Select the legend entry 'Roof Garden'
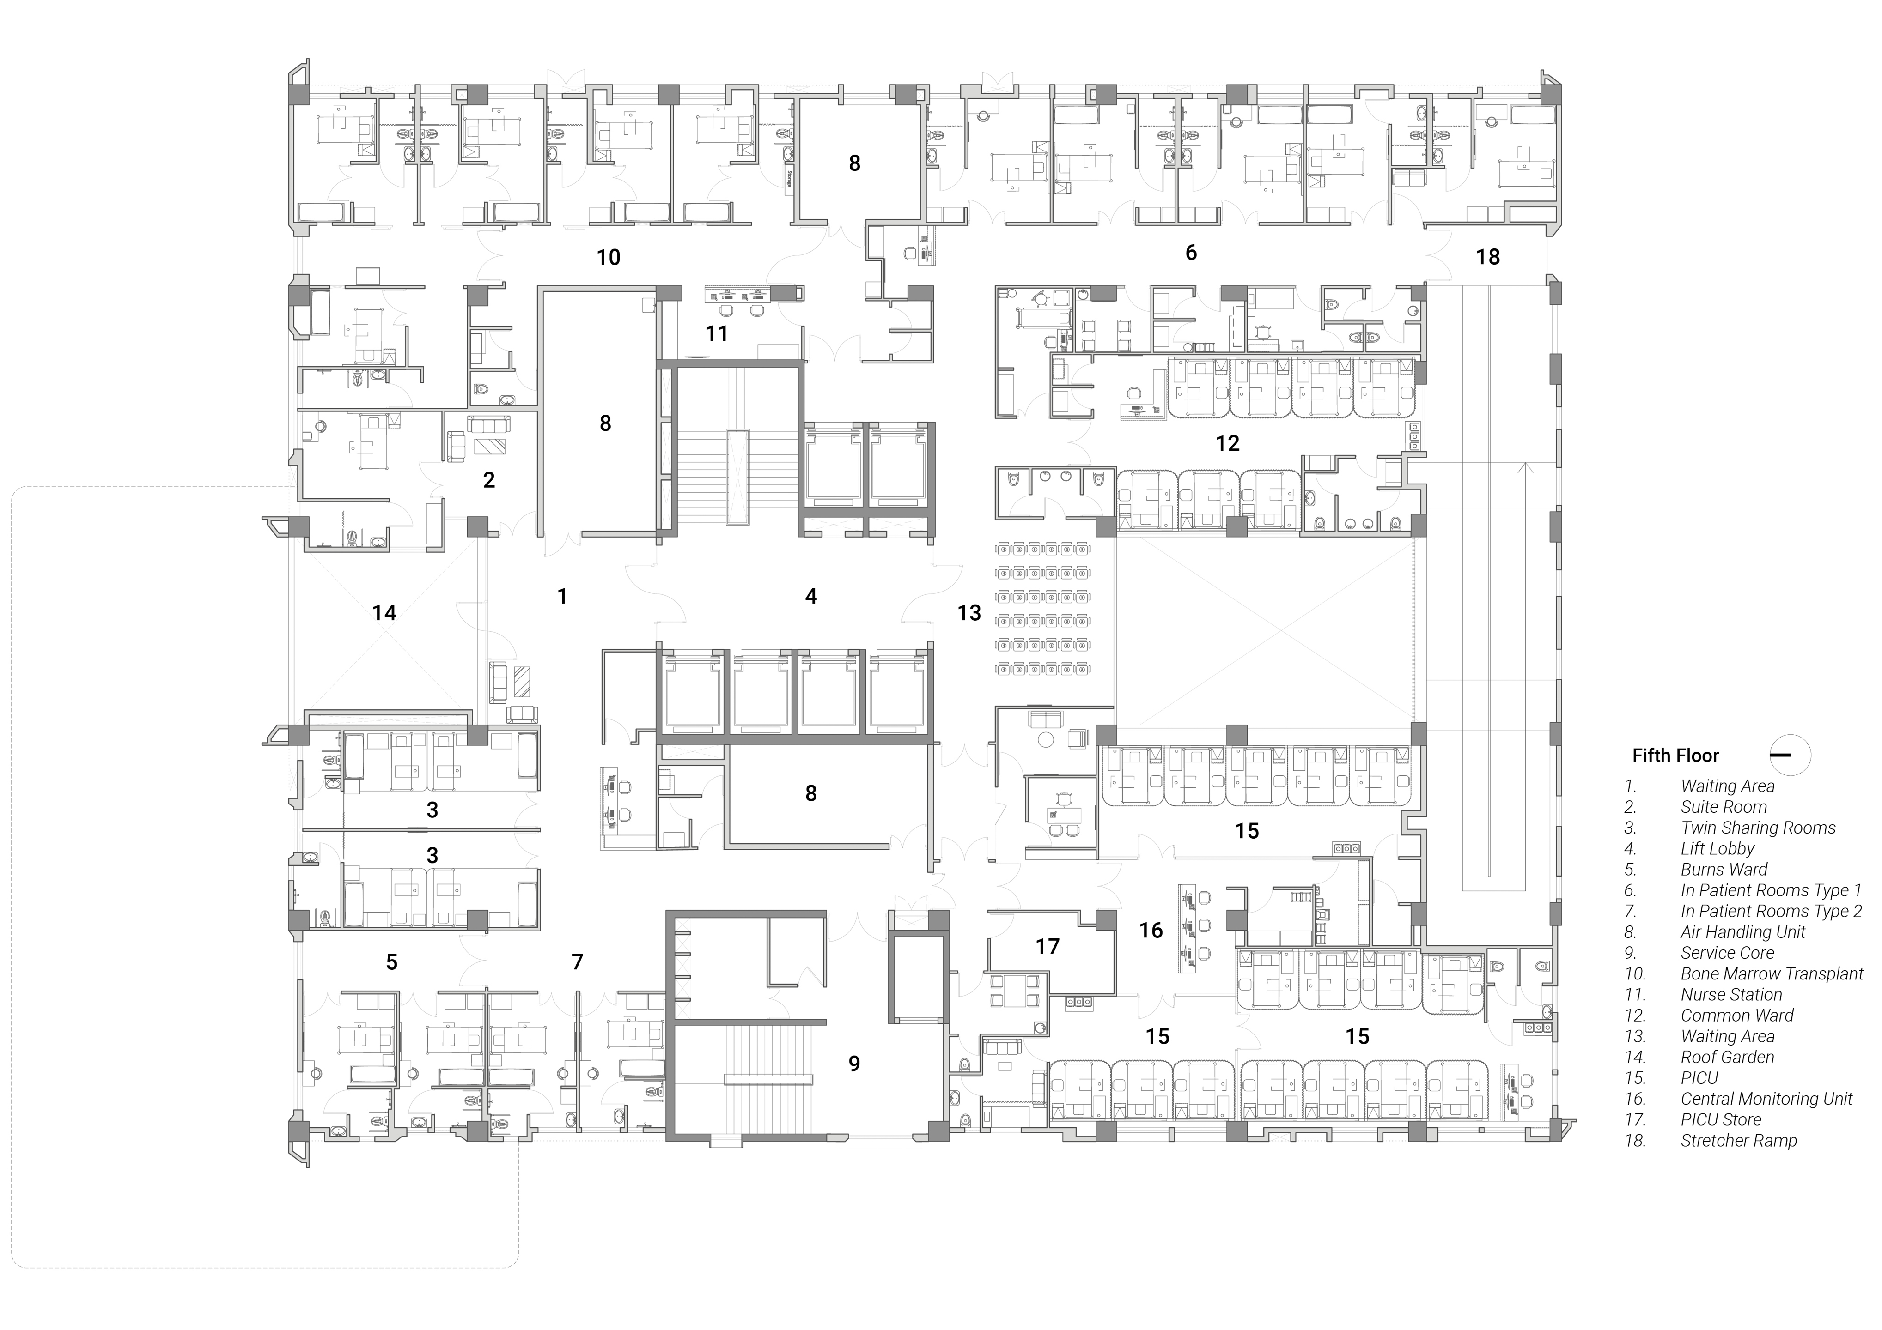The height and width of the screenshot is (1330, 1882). point(1727,1057)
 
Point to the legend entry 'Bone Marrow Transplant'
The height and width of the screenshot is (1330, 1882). point(1772,973)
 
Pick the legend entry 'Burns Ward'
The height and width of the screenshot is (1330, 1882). point(1724,870)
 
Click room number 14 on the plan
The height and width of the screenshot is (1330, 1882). point(384,612)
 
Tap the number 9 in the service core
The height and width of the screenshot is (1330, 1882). point(854,1064)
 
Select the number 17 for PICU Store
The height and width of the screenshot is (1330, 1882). point(1048,947)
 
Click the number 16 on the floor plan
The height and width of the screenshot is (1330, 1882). point(1151,930)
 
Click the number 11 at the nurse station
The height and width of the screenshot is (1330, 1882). point(716,333)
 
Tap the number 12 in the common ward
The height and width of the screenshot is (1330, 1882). point(1227,443)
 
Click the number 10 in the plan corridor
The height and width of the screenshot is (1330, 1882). point(608,257)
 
